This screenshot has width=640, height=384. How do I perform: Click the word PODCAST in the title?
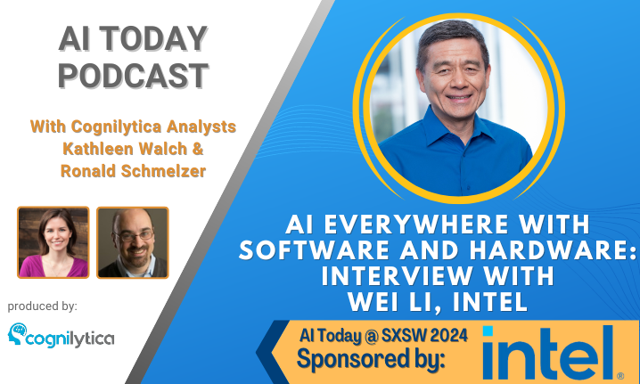coord(134,76)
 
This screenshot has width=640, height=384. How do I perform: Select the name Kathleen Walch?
coord(125,149)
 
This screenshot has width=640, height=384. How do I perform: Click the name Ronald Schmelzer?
coord(133,171)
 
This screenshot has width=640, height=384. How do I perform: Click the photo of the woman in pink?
coord(53,242)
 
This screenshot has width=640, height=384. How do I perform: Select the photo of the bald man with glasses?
coord(133,242)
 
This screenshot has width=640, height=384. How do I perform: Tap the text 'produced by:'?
coord(43,306)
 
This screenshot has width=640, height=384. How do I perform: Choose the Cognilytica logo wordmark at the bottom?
coord(70,339)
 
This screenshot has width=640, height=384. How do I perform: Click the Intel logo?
coord(548,353)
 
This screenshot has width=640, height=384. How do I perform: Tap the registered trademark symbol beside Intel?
coord(620,375)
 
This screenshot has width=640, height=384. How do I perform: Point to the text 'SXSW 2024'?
coord(424,336)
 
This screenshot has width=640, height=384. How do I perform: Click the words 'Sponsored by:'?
coord(371,360)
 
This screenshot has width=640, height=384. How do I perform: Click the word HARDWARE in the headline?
coord(549,250)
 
